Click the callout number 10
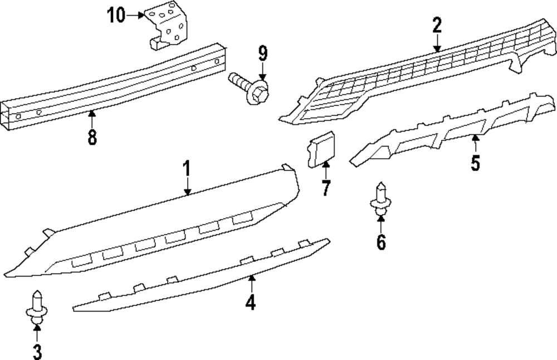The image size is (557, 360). [x=117, y=15]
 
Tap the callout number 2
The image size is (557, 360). [x=437, y=25]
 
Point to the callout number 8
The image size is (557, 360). [x=92, y=137]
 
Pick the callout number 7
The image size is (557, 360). [x=326, y=188]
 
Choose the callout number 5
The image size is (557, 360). [x=475, y=163]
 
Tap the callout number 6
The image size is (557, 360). [x=381, y=242]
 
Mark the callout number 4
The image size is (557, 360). [x=251, y=302]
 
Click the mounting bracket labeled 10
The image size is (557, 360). [x=168, y=26]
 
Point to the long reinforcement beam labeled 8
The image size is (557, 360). [x=111, y=89]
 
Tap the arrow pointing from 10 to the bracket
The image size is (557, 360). [x=136, y=16]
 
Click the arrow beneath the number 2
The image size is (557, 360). [x=437, y=43]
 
